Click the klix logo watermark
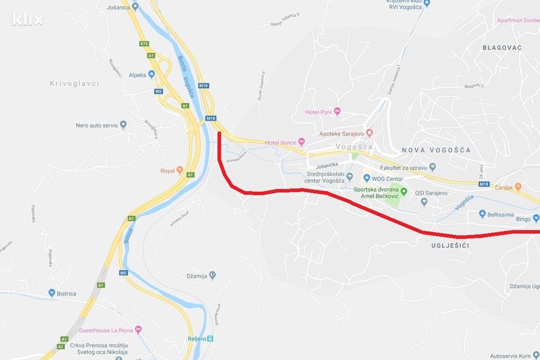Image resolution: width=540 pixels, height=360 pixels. pyautogui.click(x=28, y=19)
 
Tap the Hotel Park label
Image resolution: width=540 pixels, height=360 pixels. pyautogui.click(x=319, y=112)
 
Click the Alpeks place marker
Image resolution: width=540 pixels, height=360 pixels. pyautogui.click(x=151, y=74)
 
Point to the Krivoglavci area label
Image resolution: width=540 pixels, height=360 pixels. pyautogui.click(x=74, y=84)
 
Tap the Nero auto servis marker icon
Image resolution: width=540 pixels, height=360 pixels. pyautogui.click(x=123, y=124)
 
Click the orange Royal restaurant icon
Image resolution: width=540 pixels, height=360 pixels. pyautogui.click(x=180, y=170)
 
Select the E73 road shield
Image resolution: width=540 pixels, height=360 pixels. pyautogui.click(x=144, y=43)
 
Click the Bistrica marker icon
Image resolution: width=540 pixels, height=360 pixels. pyautogui.click(x=51, y=293)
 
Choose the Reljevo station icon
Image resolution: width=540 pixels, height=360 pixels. pyautogui.click(x=210, y=338)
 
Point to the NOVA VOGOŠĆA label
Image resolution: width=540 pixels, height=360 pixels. pyautogui.click(x=436, y=150)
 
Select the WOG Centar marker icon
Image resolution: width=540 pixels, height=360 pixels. pyautogui.click(x=366, y=179)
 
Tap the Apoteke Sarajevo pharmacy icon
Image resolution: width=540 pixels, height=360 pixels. pyautogui.click(x=370, y=133)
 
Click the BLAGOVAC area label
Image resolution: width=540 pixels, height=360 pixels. pyautogui.click(x=502, y=48)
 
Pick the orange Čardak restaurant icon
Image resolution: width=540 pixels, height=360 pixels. pyautogui.click(x=518, y=186)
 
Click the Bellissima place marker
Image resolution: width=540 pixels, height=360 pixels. pyautogui.click(x=482, y=214)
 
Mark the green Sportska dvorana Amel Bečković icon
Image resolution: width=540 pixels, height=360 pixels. pyautogui.click(x=404, y=192)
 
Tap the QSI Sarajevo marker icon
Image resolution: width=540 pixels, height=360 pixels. pyautogui.click(x=424, y=202)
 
